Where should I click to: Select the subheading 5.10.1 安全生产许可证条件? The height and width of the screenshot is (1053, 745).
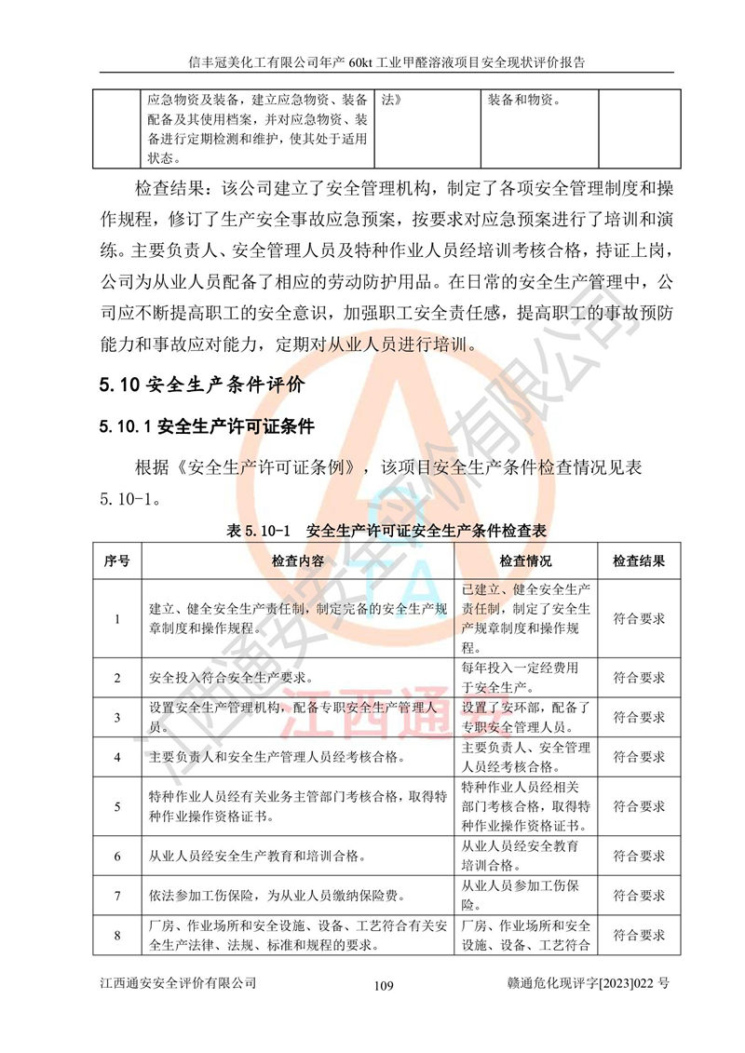point(207,427)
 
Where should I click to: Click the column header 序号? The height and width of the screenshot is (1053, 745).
point(117,561)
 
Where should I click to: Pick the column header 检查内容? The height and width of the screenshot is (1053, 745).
point(298,561)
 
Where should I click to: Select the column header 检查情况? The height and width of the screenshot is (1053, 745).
point(525,561)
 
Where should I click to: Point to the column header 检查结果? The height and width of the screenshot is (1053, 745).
point(639,561)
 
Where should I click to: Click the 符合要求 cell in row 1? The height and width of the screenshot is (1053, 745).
point(639,618)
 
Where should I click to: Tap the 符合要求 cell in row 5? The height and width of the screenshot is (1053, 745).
point(639,806)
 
